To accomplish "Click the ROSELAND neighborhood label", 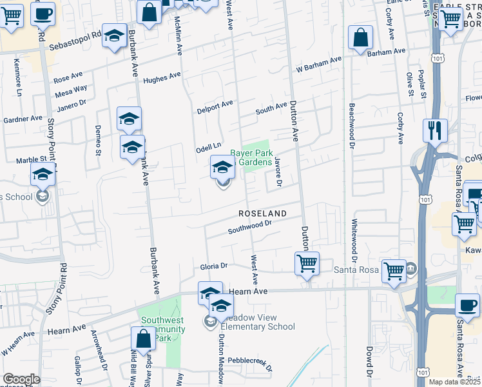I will coord(262,213).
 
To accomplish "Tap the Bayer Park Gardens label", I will coord(251,158).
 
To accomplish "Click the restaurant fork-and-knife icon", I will coord(435,132).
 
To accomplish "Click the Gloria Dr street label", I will coord(215,266).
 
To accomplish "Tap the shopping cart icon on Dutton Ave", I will coord(307,264).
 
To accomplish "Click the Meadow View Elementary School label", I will coord(258,322).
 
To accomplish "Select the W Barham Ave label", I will coord(318,64).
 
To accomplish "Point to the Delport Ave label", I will coord(215,105).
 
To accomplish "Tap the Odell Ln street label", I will coord(209,147).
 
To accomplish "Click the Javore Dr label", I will coord(278,172).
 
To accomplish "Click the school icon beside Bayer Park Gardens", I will coord(222,168).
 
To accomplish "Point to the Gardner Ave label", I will coord(23,119).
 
